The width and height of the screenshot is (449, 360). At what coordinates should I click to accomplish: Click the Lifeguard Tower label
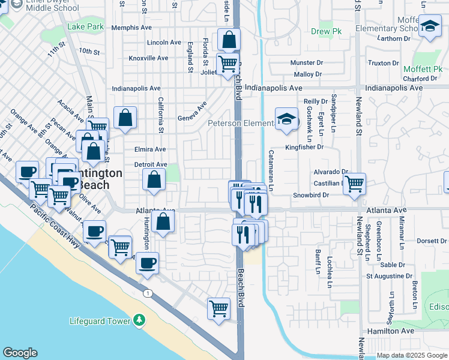[x=100, y=321]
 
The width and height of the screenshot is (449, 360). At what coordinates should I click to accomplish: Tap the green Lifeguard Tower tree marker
[x=139, y=320]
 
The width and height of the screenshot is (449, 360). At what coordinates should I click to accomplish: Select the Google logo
[x=20, y=353]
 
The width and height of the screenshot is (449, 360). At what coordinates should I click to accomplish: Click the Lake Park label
[x=85, y=27]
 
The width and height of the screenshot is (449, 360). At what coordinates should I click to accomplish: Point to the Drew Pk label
[x=325, y=31]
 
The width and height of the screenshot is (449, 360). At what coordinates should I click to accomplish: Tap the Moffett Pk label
[x=423, y=70]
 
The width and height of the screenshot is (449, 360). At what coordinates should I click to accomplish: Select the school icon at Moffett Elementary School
[x=430, y=26]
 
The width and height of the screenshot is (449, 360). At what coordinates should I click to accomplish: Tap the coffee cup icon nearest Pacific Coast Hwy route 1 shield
[x=147, y=262]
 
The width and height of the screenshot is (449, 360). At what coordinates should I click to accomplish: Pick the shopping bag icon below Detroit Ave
[x=154, y=179]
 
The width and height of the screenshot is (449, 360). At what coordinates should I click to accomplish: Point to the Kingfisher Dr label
[x=304, y=146]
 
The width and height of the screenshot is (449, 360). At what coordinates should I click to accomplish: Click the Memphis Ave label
[x=131, y=28]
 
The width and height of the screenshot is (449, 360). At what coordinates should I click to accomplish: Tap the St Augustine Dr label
[x=391, y=277]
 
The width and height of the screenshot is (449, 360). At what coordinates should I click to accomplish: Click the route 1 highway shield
[x=147, y=293]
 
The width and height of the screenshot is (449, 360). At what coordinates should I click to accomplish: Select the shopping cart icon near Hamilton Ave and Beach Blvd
[x=218, y=308]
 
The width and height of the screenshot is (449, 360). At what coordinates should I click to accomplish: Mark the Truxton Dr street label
[x=383, y=62]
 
